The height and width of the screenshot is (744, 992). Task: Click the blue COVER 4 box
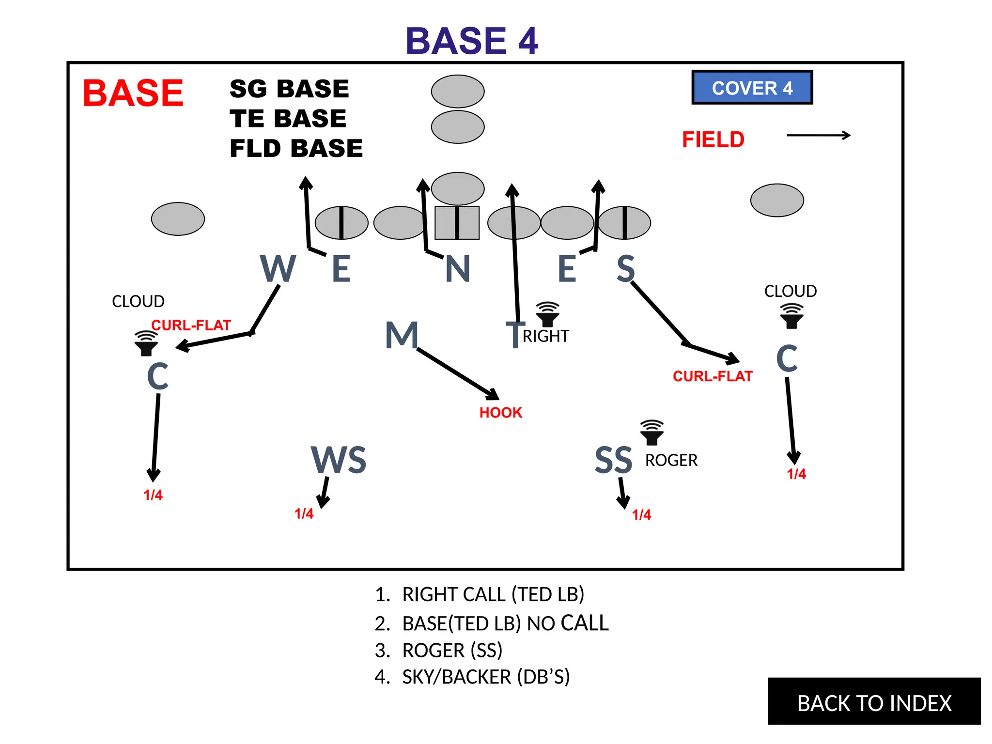(752, 88)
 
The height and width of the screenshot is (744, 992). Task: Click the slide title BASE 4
(471, 41)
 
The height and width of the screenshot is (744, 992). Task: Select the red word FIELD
(713, 139)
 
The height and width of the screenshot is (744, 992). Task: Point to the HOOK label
(501, 413)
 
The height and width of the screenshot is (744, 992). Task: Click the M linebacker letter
(402, 335)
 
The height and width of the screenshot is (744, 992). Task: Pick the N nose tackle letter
(458, 269)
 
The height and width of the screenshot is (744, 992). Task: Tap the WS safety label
(339, 460)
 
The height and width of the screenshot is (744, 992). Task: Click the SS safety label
(613, 460)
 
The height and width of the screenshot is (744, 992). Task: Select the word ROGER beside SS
(671, 460)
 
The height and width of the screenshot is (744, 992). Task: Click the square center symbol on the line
(457, 223)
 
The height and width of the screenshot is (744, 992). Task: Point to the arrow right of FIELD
(819, 136)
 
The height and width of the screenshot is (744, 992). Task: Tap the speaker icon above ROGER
(652, 432)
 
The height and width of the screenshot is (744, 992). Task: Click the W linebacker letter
(278, 269)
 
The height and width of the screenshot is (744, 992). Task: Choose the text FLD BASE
(296, 148)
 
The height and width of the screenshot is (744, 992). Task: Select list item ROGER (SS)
(452, 650)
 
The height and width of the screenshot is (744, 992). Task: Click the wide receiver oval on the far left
(178, 219)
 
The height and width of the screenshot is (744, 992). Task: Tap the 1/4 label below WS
(304, 513)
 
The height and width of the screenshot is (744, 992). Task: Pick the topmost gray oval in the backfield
(458, 91)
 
